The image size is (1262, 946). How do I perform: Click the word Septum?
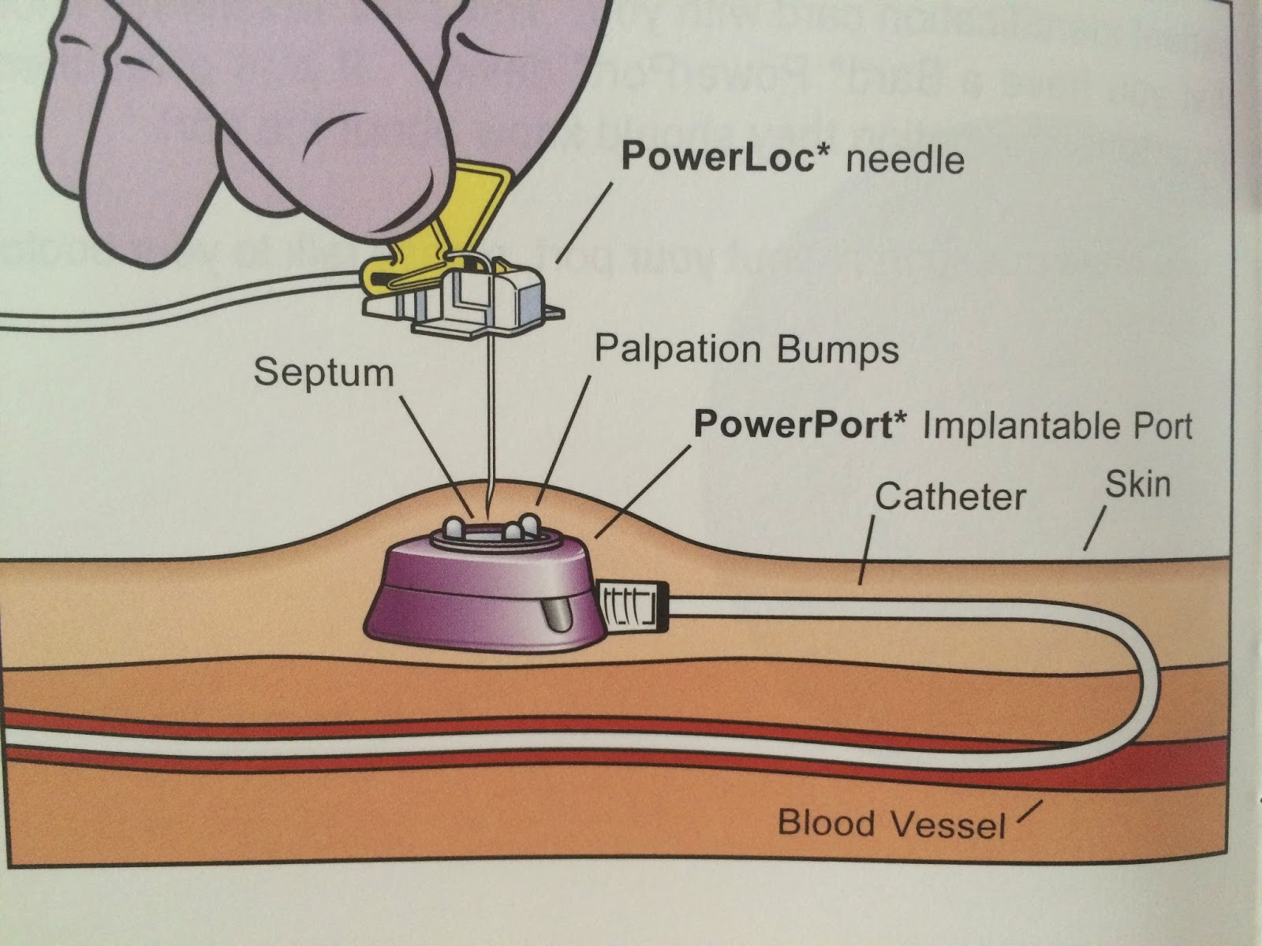click(x=323, y=371)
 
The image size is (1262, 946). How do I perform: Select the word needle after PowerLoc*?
click(x=905, y=160)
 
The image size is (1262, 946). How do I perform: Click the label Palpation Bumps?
click(x=746, y=348)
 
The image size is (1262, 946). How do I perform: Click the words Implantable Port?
click(x=1057, y=426)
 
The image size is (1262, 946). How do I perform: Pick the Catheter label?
click(x=950, y=497)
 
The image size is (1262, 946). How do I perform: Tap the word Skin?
click(x=1137, y=484)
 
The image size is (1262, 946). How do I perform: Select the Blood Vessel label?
click(x=891, y=824)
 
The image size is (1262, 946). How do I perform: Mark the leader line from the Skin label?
click(x=1095, y=528)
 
